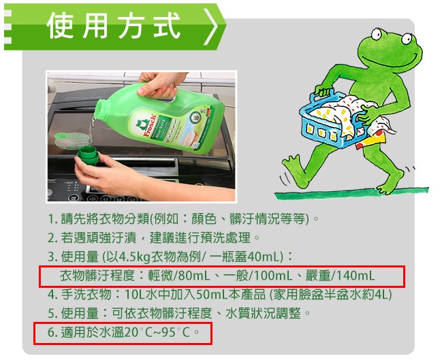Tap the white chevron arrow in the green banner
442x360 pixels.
coord(210,27)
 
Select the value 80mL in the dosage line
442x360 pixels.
coord(189,276)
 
